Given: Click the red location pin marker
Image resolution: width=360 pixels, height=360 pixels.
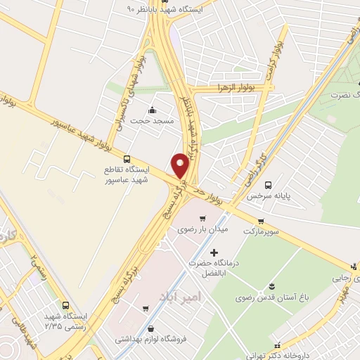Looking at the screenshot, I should click(x=180, y=165).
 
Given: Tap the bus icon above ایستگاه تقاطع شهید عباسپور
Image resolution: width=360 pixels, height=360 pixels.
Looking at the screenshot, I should click(x=127, y=159).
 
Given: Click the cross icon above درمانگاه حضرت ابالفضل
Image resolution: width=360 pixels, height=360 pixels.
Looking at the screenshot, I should click(x=214, y=252).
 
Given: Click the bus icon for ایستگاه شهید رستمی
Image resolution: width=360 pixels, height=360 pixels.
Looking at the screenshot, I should click(x=66, y=306).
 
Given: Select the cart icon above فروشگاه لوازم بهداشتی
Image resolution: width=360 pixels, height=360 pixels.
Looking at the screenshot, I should click(x=145, y=309).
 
